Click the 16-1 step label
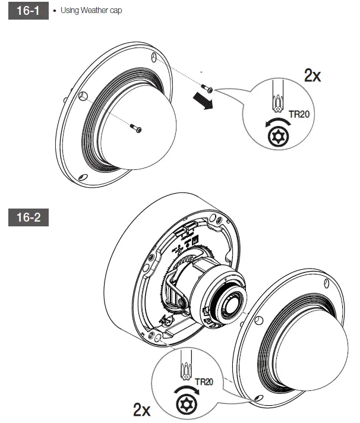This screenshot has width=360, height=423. (29, 11)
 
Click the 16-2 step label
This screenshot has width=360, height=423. (29, 217)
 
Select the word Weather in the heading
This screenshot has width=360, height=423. (94, 10)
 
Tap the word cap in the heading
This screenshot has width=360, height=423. (116, 11)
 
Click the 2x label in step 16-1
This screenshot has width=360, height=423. (312, 75)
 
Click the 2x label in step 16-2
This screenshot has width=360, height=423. (142, 410)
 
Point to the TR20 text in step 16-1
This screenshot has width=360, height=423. (299, 114)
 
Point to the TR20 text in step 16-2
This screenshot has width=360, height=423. (204, 382)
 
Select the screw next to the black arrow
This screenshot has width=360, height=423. (207, 88)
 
